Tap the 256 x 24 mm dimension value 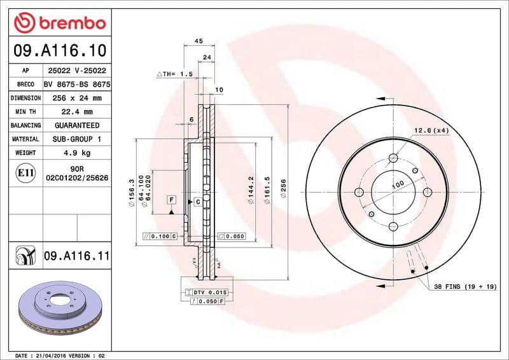[x=76, y=98]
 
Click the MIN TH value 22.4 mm [x=76, y=112]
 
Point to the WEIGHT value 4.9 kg [x=76, y=153]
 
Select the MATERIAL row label [x=26, y=139]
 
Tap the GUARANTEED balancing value [x=76, y=126]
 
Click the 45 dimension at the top [x=198, y=41]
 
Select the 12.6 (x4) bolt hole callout [x=432, y=130]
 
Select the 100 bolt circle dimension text [x=398, y=185]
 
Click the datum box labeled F [x=171, y=200]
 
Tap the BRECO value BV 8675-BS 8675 [x=76, y=84]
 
